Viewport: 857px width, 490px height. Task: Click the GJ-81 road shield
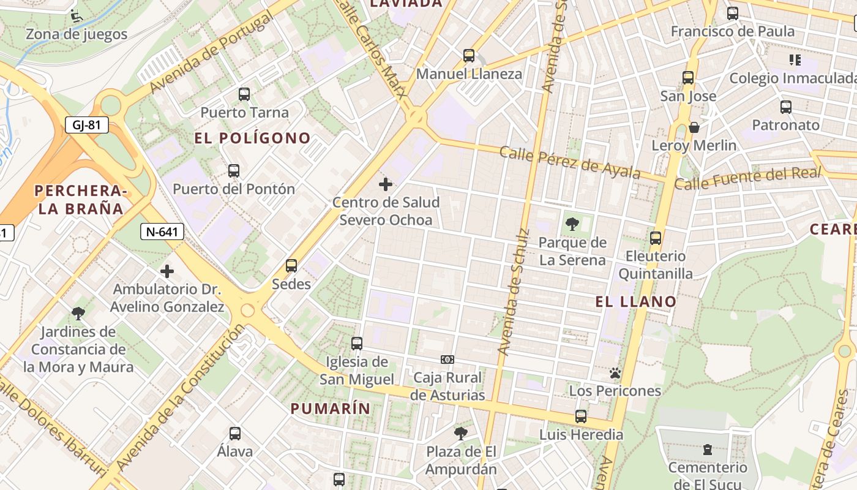86,126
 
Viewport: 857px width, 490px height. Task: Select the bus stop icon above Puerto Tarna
244,94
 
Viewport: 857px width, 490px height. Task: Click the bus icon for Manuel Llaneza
469,56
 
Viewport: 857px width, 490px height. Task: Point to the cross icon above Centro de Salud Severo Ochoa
386,184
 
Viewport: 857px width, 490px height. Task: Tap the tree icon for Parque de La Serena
572,224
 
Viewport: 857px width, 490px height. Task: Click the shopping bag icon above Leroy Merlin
694,127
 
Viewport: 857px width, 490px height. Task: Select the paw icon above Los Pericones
615,373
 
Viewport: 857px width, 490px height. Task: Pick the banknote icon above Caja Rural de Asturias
447,360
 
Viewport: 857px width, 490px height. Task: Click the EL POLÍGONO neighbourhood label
252,138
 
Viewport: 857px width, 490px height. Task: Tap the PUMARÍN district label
331,409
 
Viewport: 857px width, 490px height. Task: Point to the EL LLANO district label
636,301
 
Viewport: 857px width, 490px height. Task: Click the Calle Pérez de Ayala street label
570,162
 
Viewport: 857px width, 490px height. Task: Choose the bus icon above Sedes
291,266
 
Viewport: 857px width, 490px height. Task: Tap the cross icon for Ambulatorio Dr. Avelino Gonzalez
167,271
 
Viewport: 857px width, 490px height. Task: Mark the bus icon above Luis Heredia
581,417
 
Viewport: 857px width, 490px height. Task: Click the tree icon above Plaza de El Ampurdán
461,434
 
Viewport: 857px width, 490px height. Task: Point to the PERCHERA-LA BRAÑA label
81,200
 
